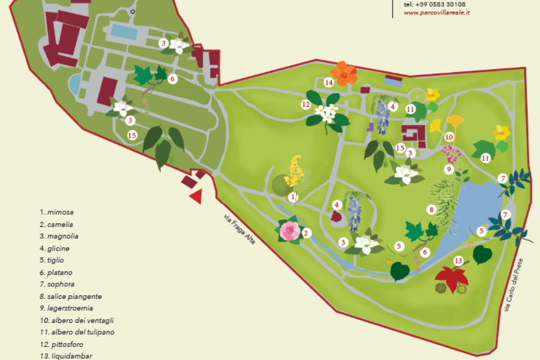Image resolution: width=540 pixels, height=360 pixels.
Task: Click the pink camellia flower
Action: coord(290,230)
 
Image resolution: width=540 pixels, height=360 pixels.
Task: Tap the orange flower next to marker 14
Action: coord(344,73)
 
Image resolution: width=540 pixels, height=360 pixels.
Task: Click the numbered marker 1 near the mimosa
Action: coord(293,197)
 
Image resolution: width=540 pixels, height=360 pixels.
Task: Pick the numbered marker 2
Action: coord(306,233)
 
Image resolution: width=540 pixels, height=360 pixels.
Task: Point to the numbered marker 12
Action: coord(305,104)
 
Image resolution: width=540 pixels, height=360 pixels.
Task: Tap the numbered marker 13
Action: coord(458,260)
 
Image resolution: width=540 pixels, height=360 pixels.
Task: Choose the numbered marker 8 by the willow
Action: coord(431,209)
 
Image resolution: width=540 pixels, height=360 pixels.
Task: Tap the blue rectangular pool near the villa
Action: coord(124,31)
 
